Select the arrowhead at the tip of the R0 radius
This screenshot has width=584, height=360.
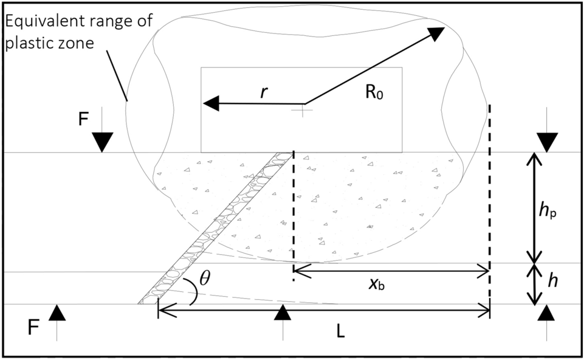[x=436, y=33]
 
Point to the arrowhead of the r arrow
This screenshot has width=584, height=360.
[x=211, y=103]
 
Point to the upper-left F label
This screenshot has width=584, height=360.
[x=83, y=118]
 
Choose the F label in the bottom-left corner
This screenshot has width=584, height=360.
[x=35, y=329]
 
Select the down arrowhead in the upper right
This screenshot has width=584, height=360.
[x=548, y=142]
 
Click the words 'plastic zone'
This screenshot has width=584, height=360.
[x=49, y=44]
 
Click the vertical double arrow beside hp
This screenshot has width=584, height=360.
[x=534, y=207]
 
